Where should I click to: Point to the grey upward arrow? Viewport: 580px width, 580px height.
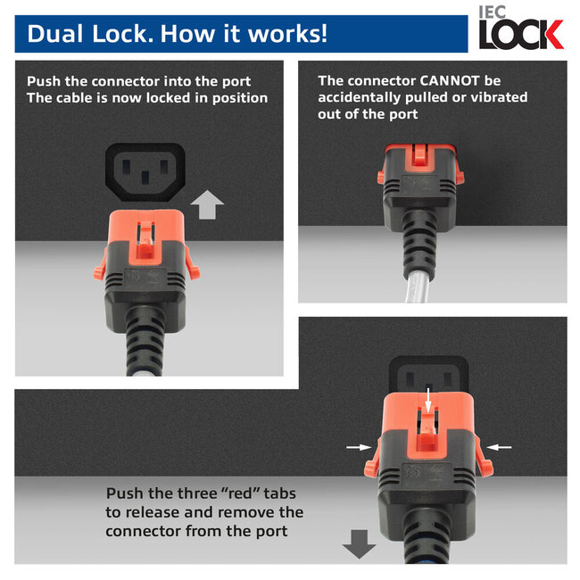tap(207, 205)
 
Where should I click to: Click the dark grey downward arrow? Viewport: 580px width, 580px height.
tap(360, 542)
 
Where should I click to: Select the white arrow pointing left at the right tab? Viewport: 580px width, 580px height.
tap(501, 446)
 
